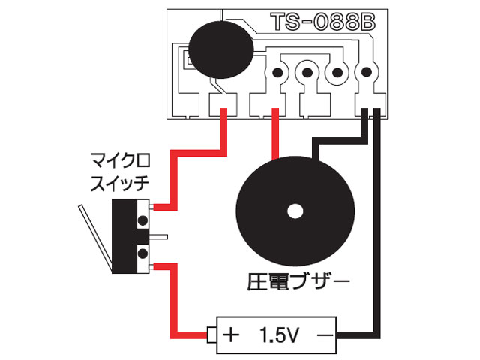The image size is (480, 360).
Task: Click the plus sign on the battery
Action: (232, 332)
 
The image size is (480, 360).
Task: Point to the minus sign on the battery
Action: (325, 332)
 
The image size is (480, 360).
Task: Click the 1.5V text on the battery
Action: (279, 332)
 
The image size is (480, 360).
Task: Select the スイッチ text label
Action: (119, 181)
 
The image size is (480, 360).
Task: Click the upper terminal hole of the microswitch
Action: (141, 220)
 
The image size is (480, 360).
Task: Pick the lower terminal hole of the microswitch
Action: (141, 255)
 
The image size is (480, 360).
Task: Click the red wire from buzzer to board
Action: (276, 135)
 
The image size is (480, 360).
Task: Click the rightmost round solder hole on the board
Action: (367, 73)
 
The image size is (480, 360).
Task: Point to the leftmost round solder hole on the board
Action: (277, 73)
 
